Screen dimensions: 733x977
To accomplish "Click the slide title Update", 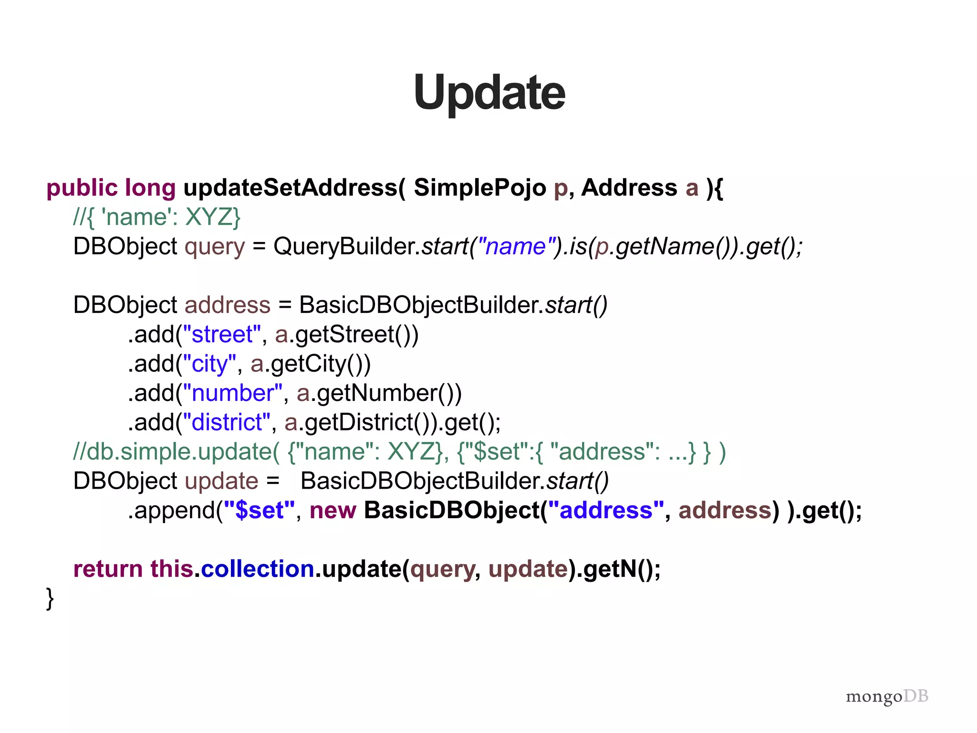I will coord(489,93).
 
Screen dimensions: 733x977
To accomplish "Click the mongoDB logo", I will coord(887,696).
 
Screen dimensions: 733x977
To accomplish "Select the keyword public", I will coord(82,188).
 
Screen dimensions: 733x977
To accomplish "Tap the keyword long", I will coord(150,188).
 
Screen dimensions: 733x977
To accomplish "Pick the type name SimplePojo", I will coord(479,188).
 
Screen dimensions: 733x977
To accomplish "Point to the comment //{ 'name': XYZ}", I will coord(157,218).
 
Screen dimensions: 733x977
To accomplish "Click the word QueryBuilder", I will coord(346,247).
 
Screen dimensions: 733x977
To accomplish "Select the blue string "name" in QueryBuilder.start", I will coord(515,247).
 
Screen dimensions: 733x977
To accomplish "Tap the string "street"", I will coord(222,335).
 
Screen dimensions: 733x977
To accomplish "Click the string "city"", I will coord(209,364).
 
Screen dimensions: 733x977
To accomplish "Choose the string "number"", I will coord(233,393).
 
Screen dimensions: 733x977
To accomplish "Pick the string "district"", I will coord(227,423).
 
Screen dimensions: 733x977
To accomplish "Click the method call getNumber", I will coord(377,393).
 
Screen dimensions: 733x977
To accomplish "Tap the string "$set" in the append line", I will coord(260,511).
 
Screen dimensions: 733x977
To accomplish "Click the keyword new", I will coord(333,511).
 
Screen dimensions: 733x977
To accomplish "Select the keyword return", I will coord(108,569).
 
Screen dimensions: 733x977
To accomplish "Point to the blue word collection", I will coord(258,569).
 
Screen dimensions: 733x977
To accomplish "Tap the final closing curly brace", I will coord(50,598).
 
